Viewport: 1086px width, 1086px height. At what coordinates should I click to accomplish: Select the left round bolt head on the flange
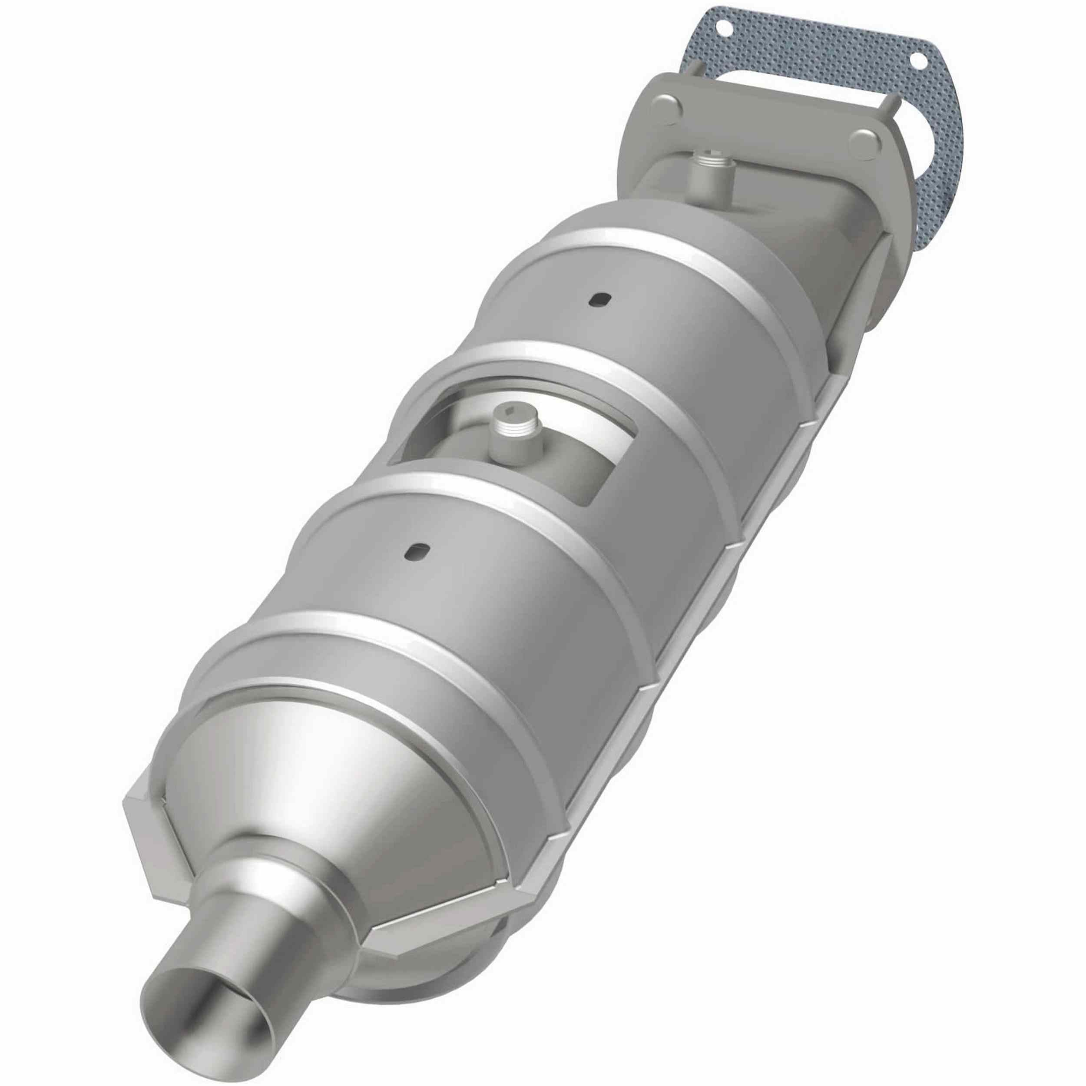(x=667, y=109)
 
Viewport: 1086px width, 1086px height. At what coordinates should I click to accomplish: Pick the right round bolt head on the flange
(x=866, y=143)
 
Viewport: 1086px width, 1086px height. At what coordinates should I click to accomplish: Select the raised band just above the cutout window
(x=562, y=360)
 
